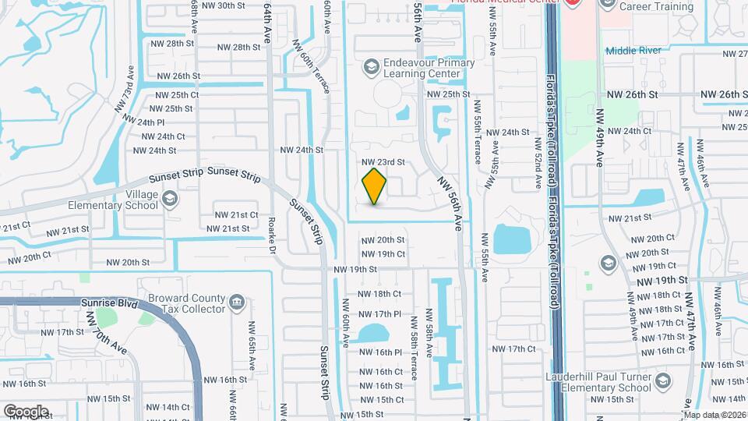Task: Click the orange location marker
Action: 375,186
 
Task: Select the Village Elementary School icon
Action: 169,200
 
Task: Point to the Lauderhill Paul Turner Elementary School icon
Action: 663,380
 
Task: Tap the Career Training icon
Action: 609,5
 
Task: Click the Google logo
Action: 25,411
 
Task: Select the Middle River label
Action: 634,50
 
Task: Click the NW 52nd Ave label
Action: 538,165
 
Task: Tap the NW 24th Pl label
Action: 140,122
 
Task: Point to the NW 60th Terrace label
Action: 311,67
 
